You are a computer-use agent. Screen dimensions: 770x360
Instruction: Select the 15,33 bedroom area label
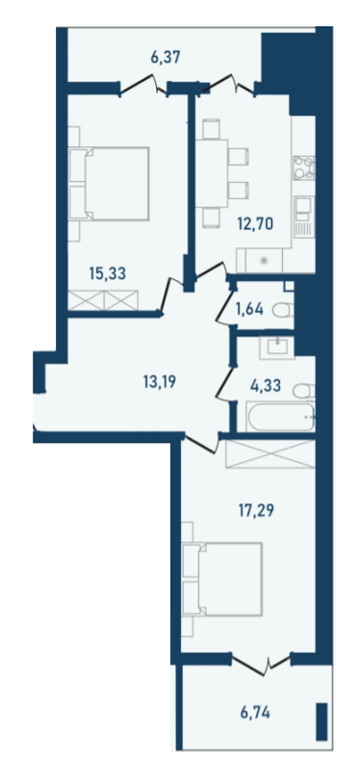tap(107, 273)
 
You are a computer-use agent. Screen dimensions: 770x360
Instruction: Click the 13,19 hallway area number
tap(160, 380)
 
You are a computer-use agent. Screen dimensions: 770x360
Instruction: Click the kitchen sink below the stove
tap(304, 215)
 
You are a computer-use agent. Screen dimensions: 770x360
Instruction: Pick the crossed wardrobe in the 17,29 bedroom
tap(269, 453)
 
